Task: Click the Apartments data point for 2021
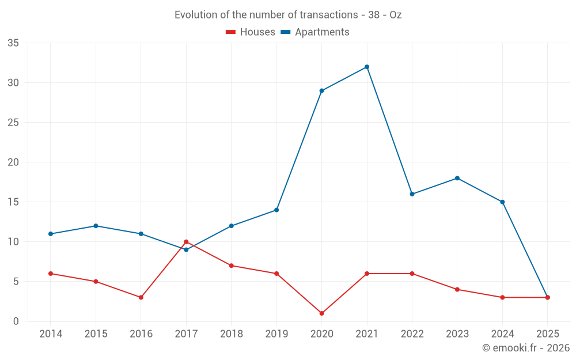tap(367, 67)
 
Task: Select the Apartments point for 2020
tap(321, 90)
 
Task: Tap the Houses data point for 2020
tap(321, 313)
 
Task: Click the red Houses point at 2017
tap(186, 242)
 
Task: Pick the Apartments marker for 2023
tap(457, 178)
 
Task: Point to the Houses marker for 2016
tap(141, 297)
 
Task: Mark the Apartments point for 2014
tap(51, 234)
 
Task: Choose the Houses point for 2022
tap(412, 274)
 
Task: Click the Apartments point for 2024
tap(502, 202)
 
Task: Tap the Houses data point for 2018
tap(231, 266)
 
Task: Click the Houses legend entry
tap(251, 32)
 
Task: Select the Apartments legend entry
tap(315, 32)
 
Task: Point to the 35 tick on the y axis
tap(13, 43)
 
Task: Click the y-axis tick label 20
tap(13, 162)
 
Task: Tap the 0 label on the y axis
tap(16, 321)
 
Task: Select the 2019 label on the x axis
tap(276, 334)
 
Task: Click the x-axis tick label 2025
tap(547, 334)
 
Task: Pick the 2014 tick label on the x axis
tap(51, 334)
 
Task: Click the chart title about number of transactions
tap(288, 15)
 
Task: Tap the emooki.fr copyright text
tap(526, 348)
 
